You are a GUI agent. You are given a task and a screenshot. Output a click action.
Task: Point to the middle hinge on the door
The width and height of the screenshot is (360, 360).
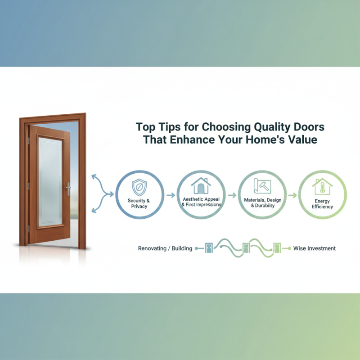pyautogui.click(x=28, y=185)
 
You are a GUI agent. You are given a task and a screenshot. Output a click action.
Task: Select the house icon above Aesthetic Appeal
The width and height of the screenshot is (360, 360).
pyautogui.click(x=200, y=185)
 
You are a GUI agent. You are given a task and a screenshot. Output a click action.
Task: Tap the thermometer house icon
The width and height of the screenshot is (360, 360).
pyautogui.click(x=322, y=185)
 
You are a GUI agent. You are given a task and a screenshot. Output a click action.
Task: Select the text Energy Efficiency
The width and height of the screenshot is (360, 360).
pyautogui.click(x=322, y=204)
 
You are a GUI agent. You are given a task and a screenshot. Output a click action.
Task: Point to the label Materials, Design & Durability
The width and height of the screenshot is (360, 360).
pyautogui.click(x=262, y=202)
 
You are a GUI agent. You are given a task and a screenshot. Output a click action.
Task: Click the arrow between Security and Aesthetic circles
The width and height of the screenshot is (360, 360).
pyautogui.click(x=170, y=196)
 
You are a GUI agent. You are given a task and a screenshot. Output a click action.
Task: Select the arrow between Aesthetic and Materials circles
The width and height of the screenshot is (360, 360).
pyautogui.click(x=231, y=195)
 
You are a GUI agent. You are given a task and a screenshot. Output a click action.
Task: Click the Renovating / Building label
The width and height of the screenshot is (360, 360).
pyautogui.click(x=165, y=248)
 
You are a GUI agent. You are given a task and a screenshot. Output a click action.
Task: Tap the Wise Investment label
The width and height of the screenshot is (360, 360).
pyautogui.click(x=314, y=248)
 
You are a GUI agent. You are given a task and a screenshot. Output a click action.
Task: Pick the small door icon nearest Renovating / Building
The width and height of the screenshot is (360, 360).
pyautogui.click(x=209, y=248)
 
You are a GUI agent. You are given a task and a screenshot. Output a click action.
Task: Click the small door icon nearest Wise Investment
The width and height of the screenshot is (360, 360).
pyautogui.click(x=277, y=248)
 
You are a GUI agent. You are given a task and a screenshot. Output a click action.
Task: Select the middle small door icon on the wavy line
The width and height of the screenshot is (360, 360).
pyautogui.click(x=246, y=248)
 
